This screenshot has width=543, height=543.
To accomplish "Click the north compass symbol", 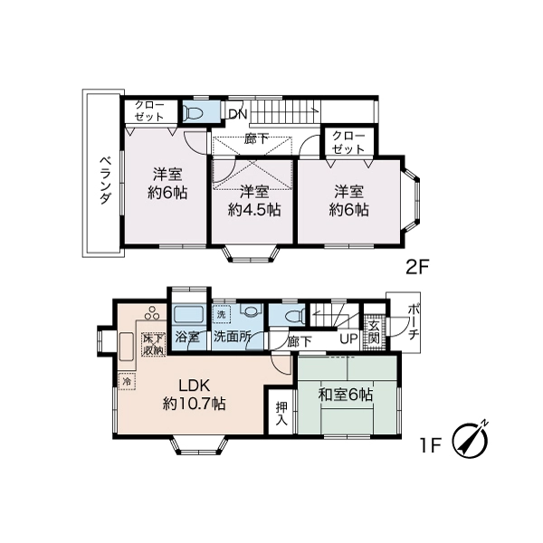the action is coord(471,441).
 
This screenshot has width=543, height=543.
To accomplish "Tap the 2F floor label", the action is coord(417,267).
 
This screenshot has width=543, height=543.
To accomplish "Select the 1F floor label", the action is coord(431,445).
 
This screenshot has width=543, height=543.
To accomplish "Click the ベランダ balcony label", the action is coord(106,180).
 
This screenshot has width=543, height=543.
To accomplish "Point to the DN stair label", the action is coord(238,114).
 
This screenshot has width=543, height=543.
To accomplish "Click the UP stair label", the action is coord(348,339).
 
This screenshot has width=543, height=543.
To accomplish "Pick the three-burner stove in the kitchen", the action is coord(152,313).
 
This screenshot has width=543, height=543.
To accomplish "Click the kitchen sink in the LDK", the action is coord(126,347).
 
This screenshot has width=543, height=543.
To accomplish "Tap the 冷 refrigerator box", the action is coord(127,382).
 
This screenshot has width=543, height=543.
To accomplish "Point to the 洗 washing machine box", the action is coord(221,315).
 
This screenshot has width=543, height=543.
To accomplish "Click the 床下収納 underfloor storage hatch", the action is coord(154,344).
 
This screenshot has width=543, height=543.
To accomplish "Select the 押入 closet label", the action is coord(281,413).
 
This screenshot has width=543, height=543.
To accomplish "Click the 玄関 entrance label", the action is coord(374,332).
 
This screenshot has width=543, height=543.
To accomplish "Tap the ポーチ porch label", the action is coord(414,322).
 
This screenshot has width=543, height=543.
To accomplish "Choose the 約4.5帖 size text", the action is coord(254,210).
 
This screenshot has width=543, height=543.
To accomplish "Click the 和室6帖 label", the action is coord(346,395).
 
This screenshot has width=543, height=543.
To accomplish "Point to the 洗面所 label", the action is coord(232,337).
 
